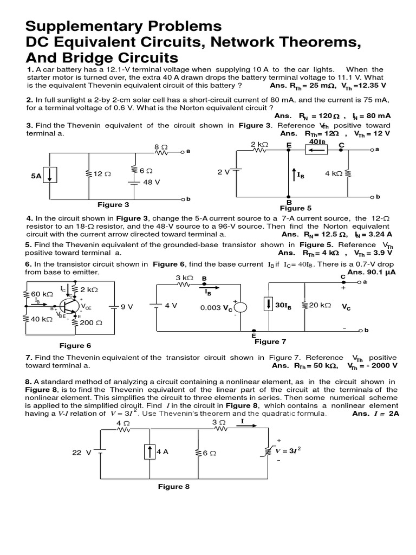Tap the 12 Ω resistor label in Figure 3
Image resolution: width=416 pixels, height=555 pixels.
click(x=102, y=174)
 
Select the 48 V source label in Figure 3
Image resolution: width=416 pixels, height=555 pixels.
click(x=151, y=182)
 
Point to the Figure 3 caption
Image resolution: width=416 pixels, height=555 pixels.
click(x=113, y=205)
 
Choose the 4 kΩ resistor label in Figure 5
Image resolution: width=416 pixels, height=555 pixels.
click(x=334, y=173)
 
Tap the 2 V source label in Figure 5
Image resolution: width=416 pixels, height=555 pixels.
click(x=224, y=171)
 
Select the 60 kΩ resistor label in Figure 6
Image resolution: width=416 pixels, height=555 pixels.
click(x=42, y=294)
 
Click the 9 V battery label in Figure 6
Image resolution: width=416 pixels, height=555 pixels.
click(x=127, y=306)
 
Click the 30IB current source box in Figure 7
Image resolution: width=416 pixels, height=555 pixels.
click(x=269, y=306)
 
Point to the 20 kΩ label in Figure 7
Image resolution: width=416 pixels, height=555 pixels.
click(x=320, y=306)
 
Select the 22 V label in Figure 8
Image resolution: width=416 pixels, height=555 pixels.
click(x=82, y=452)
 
